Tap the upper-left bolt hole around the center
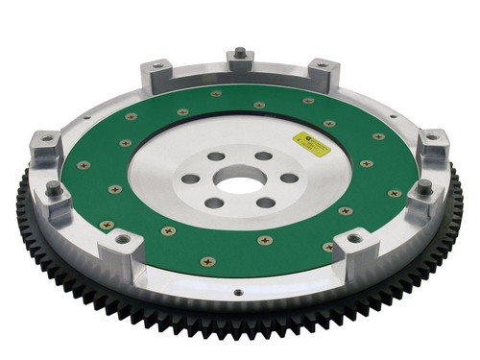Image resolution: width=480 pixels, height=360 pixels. (214, 156)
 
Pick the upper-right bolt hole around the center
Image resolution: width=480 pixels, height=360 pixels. (261, 156)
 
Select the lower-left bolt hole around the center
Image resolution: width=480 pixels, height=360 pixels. (214, 202)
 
